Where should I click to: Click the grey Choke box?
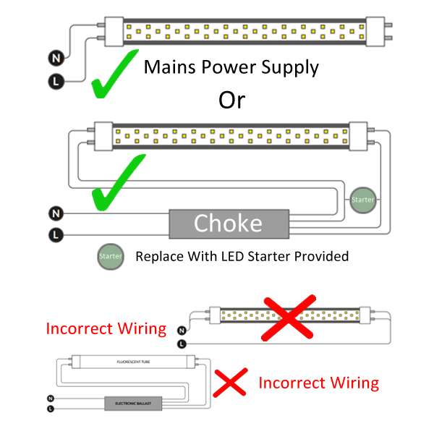point(227,224)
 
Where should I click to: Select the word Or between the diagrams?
point(231,100)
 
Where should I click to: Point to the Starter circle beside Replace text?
point(111,257)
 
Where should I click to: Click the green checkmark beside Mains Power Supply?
point(116,74)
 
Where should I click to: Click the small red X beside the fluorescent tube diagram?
point(230,381)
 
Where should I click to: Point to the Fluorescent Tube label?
point(136,360)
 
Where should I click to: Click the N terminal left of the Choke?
point(55,213)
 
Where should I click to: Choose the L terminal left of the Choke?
point(55,234)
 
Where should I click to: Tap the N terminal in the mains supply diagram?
point(55,56)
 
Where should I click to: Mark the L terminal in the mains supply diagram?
point(55,80)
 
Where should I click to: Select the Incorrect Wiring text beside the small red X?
point(318,382)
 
